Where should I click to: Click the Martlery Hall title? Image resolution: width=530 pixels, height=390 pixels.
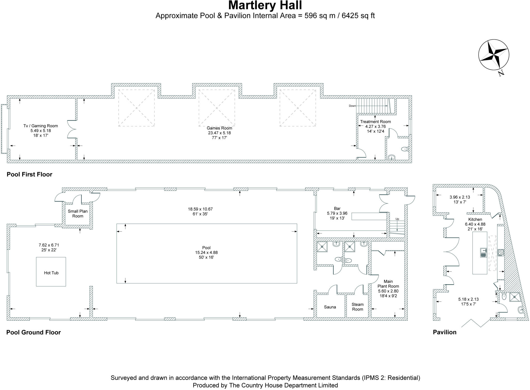click(x=265, y=5)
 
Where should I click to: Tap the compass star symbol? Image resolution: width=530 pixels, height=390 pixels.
click(x=494, y=55)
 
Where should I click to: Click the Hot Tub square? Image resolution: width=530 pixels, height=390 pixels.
click(x=51, y=272)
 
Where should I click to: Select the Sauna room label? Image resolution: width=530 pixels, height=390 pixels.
click(x=330, y=307)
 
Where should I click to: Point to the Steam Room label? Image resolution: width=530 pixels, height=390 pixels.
click(x=357, y=307)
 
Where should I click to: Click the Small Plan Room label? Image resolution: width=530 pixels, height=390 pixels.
click(x=78, y=214)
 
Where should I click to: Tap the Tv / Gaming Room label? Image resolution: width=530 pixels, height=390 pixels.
click(x=41, y=126)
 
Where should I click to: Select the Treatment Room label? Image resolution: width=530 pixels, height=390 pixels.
click(x=375, y=121)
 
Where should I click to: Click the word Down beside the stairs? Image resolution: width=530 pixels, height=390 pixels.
click(x=352, y=106)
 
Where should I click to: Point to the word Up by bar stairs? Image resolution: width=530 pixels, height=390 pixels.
click(x=397, y=219)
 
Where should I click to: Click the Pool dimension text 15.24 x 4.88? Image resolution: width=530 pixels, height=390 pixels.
click(x=206, y=252)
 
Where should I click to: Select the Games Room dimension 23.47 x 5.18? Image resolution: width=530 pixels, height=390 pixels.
click(x=219, y=133)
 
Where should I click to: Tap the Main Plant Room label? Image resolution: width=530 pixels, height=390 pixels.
click(x=388, y=284)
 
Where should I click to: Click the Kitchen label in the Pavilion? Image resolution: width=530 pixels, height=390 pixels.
click(x=475, y=219)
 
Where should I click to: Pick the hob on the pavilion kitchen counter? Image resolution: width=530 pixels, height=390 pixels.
click(x=500, y=252)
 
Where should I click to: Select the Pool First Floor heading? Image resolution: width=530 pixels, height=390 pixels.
click(x=30, y=174)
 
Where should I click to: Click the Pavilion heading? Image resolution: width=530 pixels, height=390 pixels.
click(x=445, y=332)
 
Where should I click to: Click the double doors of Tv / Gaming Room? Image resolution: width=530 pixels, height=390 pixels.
click(x=71, y=129)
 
